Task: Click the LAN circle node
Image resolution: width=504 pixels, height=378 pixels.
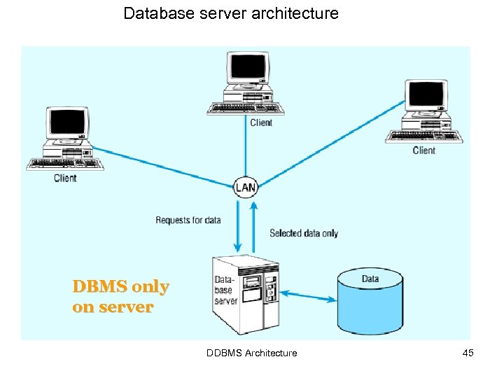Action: click(246, 187)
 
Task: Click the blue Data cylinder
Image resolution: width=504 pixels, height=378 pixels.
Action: click(370, 301)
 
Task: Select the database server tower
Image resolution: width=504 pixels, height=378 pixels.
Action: click(246, 295)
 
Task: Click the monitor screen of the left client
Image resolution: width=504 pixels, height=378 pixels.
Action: click(67, 122)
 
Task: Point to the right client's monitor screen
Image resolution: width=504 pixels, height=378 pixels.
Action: click(426, 94)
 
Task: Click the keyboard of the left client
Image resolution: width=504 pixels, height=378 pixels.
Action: click(65, 164)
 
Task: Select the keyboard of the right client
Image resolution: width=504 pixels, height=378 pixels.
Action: click(424, 136)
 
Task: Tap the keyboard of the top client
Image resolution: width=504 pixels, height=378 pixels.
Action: click(246, 108)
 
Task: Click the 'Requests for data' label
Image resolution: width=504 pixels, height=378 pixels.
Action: click(188, 220)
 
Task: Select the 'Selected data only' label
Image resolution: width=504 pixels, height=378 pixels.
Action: click(304, 233)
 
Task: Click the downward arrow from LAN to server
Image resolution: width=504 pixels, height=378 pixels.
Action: click(238, 226)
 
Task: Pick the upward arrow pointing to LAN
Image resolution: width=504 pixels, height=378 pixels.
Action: click(253, 227)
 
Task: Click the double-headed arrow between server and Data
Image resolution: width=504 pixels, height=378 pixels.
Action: click(308, 296)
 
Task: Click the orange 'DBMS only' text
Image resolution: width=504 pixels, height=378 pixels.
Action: click(121, 286)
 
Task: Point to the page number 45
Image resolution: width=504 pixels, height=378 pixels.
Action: click(468, 353)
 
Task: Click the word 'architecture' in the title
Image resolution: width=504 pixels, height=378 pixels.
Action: click(295, 13)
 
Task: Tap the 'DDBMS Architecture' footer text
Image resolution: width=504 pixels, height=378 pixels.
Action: click(252, 353)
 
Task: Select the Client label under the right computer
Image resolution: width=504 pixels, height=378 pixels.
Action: click(424, 150)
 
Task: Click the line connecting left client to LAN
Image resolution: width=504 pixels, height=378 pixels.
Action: click(163, 167)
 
